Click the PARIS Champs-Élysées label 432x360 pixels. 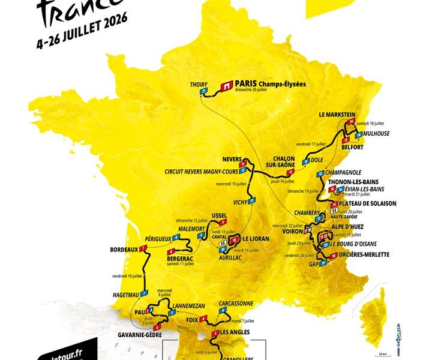(270, 84)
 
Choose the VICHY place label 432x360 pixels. (240, 202)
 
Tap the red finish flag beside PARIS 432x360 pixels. (226, 86)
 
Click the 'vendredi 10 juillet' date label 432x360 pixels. (127, 276)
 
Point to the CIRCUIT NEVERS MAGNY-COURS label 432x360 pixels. (200, 171)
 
